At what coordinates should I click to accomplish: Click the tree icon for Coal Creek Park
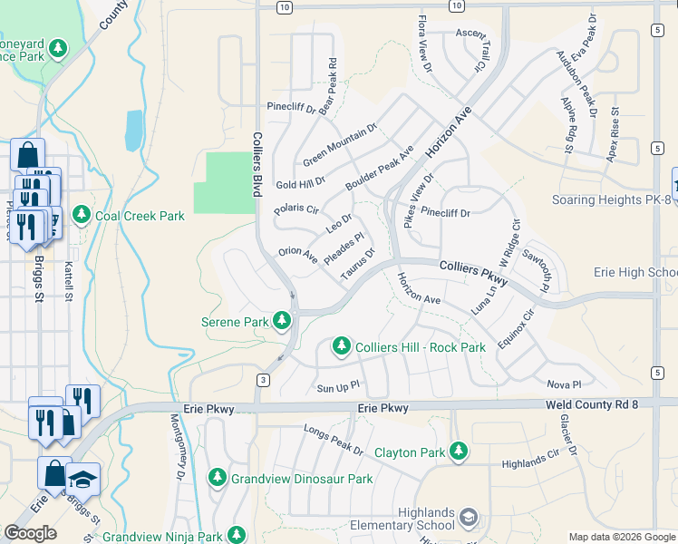tap(82, 214)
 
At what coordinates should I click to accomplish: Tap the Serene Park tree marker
tap(283, 321)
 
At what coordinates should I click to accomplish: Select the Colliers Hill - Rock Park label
tap(421, 347)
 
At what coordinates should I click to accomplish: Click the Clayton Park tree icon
tap(459, 451)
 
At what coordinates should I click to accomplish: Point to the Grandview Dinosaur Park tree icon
tap(217, 477)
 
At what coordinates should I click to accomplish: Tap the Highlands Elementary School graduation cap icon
tap(468, 518)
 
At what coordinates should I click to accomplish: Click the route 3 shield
tap(262, 379)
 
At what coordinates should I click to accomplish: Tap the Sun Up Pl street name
tap(338, 387)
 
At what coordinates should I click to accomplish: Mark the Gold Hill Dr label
tap(300, 183)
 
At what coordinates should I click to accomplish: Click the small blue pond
tap(134, 130)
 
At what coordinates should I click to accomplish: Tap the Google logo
tap(30, 533)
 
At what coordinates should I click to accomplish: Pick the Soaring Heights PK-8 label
tap(610, 199)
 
